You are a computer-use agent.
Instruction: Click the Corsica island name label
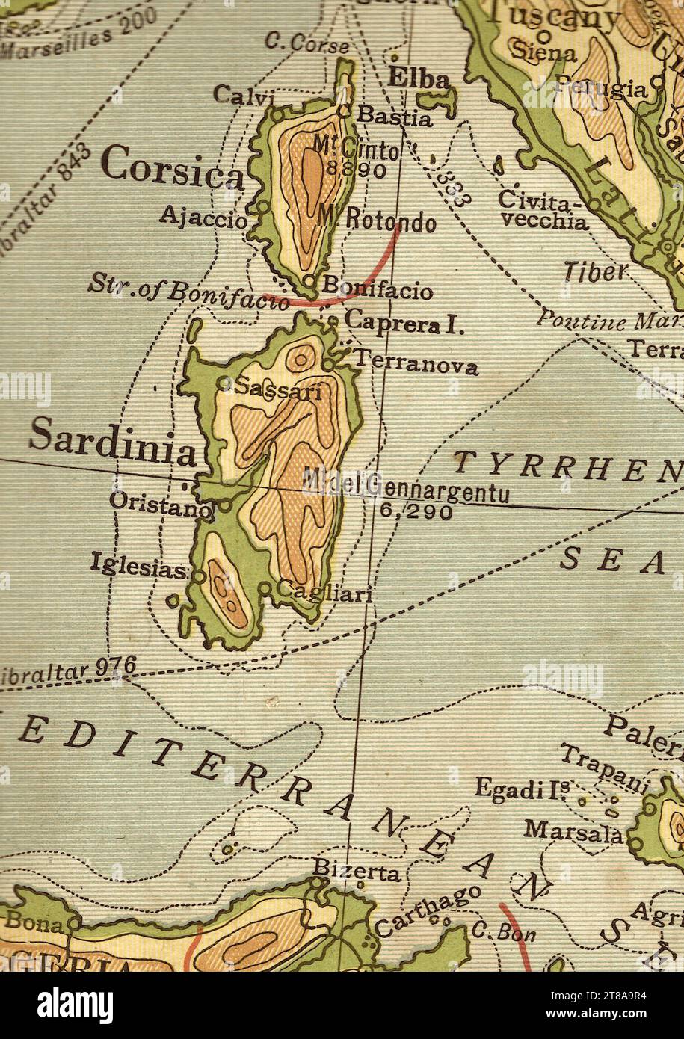coord(171,166)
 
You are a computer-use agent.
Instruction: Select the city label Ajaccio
coord(202,219)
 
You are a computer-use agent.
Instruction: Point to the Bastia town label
coord(394,117)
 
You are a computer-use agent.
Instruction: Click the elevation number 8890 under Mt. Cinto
coord(356,170)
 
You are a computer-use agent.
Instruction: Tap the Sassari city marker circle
coord(224,383)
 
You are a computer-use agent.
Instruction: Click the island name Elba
coord(419,79)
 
